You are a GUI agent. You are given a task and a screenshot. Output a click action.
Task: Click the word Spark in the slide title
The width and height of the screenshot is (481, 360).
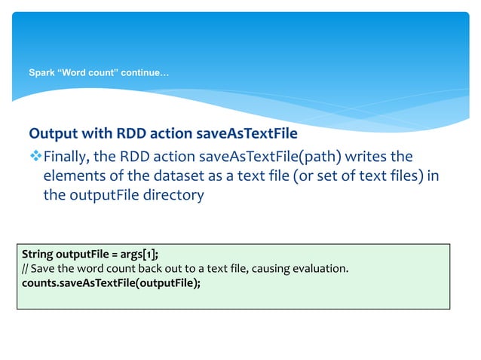pos(41,73)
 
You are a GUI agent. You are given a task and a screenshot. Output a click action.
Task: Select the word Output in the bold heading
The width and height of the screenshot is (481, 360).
pos(51,134)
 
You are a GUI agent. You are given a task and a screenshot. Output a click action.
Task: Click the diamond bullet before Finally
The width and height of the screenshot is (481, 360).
pos(35,157)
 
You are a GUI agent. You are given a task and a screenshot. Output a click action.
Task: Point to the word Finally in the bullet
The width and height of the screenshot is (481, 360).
pos(67,157)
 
